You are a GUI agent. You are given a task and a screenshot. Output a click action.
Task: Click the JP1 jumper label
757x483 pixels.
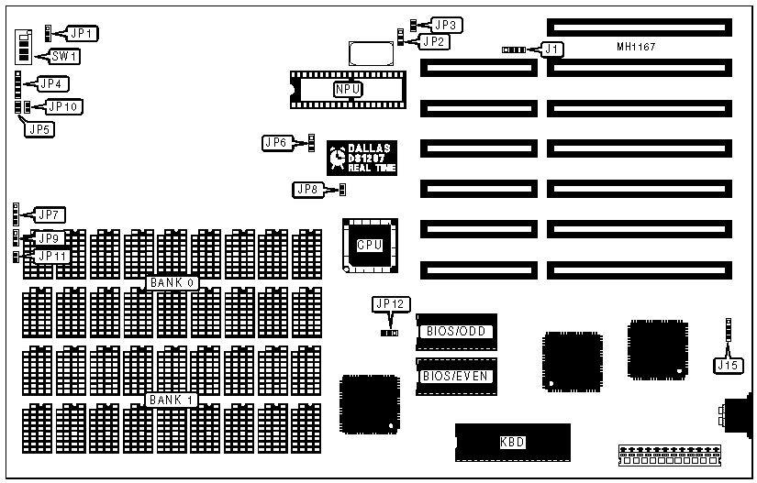pyautogui.click(x=83, y=34)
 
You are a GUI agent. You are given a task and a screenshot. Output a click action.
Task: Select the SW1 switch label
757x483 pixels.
pyautogui.click(x=64, y=57)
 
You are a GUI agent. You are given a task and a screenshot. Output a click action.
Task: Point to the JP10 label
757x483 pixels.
pyautogui.click(x=64, y=106)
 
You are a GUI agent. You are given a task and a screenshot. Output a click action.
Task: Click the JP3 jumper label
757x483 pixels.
pyautogui.click(x=447, y=25)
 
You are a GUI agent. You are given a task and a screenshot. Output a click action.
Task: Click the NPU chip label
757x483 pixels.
pyautogui.click(x=348, y=89)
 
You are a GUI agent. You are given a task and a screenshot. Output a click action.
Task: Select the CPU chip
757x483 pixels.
pyautogui.click(x=369, y=244)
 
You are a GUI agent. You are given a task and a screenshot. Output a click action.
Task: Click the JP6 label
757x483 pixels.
pyautogui.click(x=276, y=142)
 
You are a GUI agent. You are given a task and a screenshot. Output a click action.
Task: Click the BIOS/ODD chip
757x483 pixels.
pyautogui.click(x=456, y=331)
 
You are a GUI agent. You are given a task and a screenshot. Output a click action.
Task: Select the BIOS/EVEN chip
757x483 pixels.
pyautogui.click(x=456, y=376)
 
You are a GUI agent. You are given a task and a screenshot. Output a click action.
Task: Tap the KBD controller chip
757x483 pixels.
pyautogui.click(x=512, y=442)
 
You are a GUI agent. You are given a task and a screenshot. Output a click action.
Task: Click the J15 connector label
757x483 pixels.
pyautogui.click(x=725, y=366)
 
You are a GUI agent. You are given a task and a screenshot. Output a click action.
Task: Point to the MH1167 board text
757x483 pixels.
pyautogui.click(x=637, y=46)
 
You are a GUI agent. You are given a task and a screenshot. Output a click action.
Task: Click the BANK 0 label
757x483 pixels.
pyautogui.click(x=172, y=282)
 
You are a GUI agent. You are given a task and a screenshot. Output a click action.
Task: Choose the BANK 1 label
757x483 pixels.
pyautogui.click(x=172, y=400)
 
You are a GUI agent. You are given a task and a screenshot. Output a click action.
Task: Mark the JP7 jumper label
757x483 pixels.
pyautogui.click(x=49, y=215)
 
